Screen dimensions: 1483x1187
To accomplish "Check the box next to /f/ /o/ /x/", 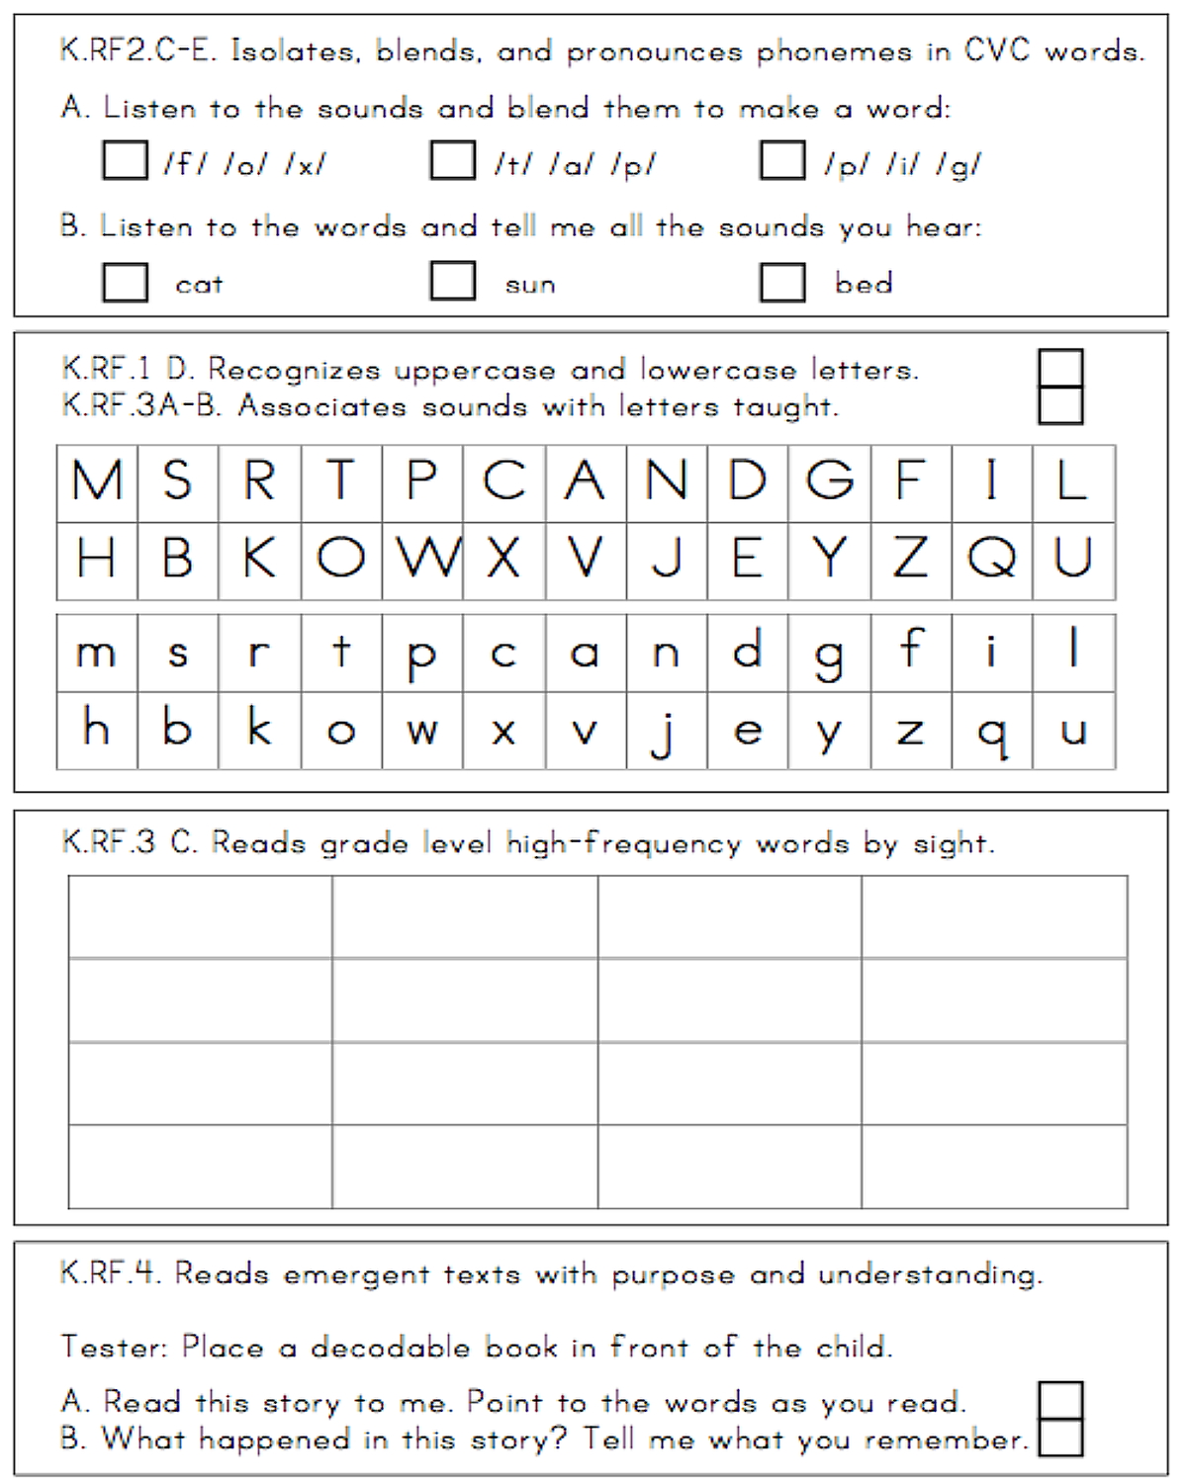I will (x=125, y=160).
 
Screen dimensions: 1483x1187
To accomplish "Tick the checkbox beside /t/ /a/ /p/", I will (x=453, y=160).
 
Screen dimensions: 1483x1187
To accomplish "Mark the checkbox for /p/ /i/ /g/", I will (x=781, y=160).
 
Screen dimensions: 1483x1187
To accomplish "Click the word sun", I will (x=530, y=286).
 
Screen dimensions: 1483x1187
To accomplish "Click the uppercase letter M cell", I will (x=97, y=481).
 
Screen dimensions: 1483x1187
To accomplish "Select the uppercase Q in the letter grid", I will (x=991, y=560).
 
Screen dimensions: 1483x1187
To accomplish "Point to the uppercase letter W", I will (x=423, y=560).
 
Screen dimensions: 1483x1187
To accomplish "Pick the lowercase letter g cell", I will (x=829, y=654).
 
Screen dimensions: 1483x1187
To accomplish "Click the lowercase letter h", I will (x=97, y=730).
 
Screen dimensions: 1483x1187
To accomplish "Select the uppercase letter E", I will (x=748, y=560).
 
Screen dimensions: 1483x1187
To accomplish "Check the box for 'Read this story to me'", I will (x=1060, y=1401).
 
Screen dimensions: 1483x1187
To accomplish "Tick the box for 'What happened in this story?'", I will (x=1060, y=1437).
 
